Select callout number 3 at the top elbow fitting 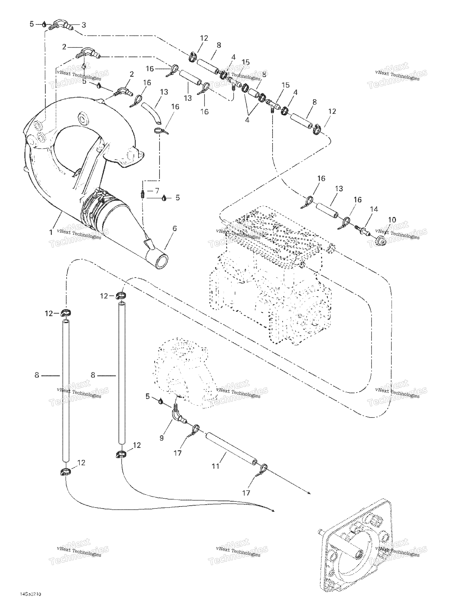point(83,25)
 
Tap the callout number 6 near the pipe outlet point(175,229)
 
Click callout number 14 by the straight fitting point(374,209)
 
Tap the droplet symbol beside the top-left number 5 point(44,24)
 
